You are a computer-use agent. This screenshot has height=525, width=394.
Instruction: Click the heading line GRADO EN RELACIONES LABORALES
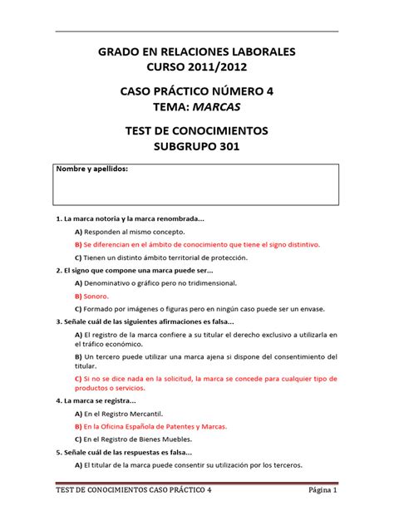click(x=197, y=53)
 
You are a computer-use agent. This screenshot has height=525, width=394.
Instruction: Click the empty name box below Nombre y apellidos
click(x=196, y=189)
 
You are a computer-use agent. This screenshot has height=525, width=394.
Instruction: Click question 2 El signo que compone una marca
click(x=134, y=270)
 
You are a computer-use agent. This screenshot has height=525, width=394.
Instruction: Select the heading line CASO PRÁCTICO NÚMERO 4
click(x=197, y=91)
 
